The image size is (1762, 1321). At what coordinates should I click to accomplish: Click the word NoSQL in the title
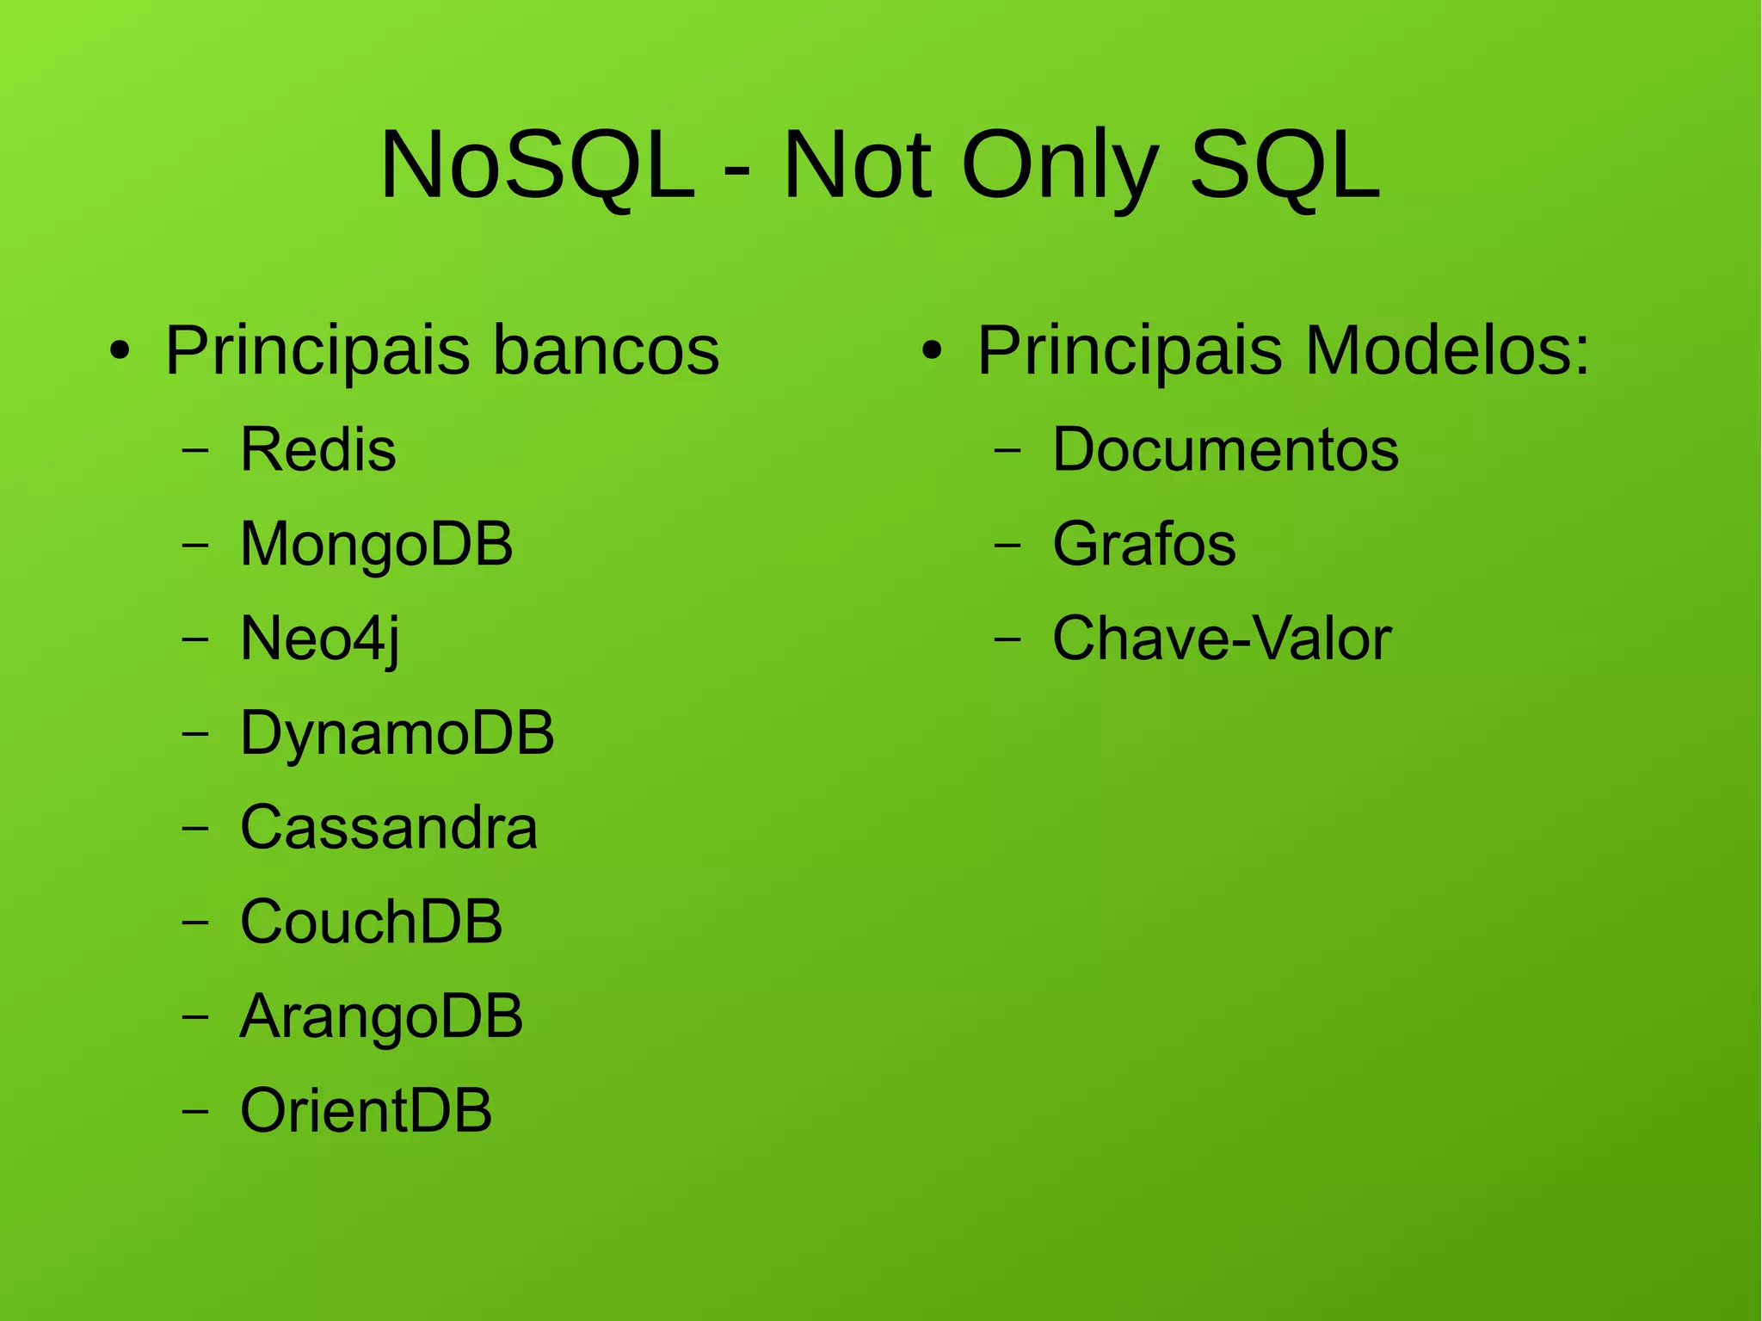coord(537,165)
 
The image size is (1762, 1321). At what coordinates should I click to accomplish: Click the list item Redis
coord(317,450)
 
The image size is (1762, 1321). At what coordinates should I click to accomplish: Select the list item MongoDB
coord(376,545)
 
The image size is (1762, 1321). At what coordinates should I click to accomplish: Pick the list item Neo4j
coord(319,639)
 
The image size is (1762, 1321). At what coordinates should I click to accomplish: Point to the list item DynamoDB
coord(397,733)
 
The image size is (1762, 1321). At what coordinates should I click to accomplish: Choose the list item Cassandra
coord(388,828)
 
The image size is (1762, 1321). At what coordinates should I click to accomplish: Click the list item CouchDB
coord(371,922)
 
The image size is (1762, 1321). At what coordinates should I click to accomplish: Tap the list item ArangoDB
coord(381,1016)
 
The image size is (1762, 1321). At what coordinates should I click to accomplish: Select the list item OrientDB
coord(366,1111)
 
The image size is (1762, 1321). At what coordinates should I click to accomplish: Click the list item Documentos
coord(1225,450)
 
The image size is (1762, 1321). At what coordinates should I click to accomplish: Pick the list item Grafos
coord(1143,545)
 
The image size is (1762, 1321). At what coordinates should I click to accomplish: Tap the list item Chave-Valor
coord(1221,639)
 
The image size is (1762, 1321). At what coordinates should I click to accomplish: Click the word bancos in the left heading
coord(606,351)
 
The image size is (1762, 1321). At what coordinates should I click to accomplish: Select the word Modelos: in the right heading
coord(1447,351)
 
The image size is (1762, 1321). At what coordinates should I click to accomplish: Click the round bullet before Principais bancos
coord(120,352)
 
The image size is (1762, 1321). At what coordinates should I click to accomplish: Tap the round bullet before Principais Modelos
coord(932,352)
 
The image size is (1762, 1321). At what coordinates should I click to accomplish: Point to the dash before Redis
coord(195,450)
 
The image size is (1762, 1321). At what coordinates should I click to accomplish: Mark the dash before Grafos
coord(1007,545)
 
